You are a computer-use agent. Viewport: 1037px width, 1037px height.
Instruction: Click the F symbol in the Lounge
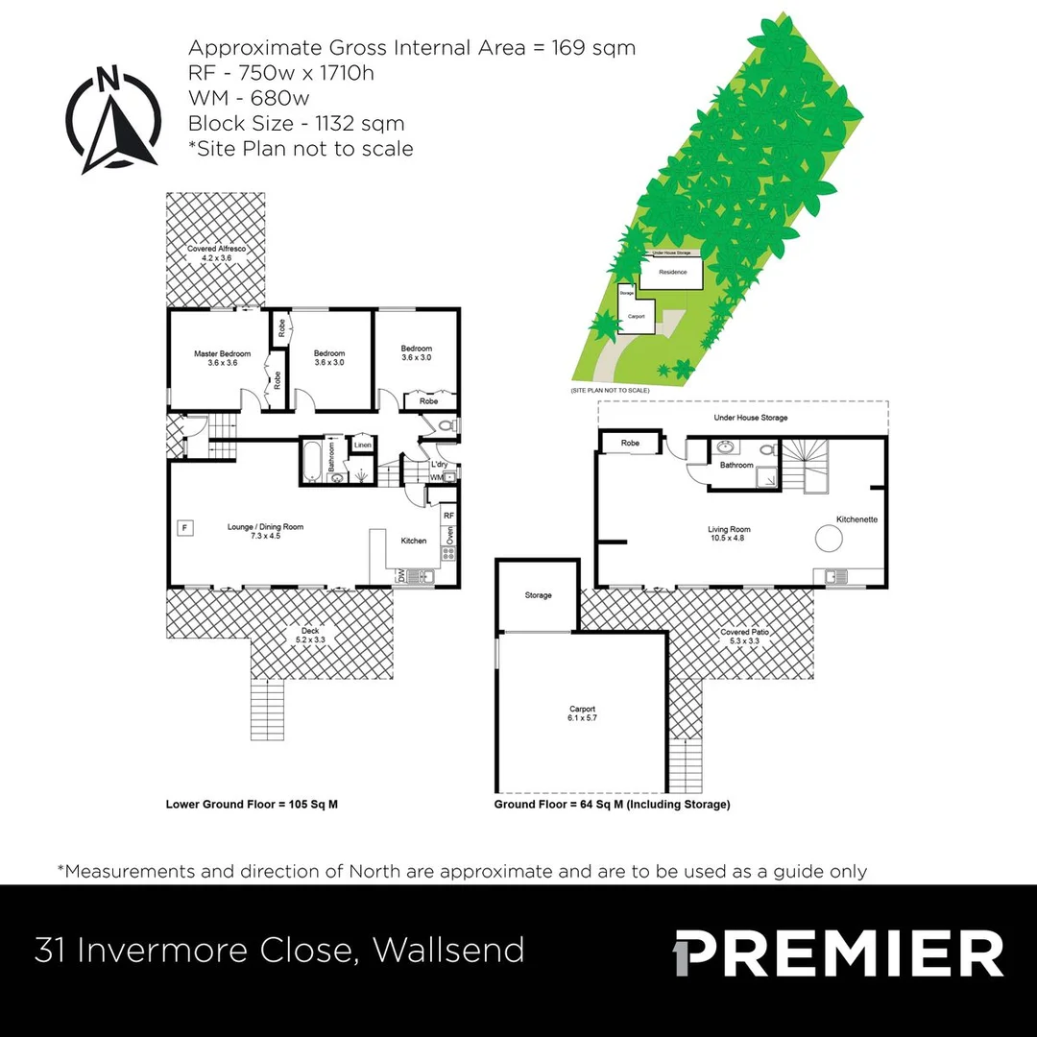[x=185, y=526]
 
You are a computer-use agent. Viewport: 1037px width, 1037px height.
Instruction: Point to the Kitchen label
[x=414, y=541]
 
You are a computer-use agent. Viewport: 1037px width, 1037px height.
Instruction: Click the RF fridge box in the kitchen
[x=448, y=516]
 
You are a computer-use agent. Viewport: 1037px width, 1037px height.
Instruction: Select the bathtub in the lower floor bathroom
[x=313, y=461]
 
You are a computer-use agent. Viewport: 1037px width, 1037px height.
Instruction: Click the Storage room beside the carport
[x=538, y=595]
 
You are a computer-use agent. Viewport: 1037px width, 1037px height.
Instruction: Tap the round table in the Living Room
[x=829, y=540]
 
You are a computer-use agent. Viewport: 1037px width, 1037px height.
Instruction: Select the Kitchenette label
[x=856, y=519]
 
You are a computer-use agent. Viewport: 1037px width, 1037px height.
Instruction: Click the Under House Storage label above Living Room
[x=751, y=418]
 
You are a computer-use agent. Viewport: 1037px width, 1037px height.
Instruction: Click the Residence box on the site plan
[x=672, y=272]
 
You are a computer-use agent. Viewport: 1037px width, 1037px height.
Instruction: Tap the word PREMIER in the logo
[x=847, y=953]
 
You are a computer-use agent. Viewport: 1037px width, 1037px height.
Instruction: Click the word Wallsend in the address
[x=448, y=950]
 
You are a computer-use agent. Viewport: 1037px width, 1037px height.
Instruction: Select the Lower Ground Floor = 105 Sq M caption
[x=252, y=805]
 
